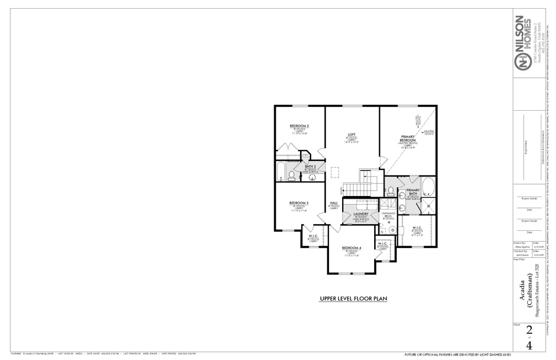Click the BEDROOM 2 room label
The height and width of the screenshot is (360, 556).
[x=299, y=126]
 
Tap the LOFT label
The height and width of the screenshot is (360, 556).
[x=351, y=134]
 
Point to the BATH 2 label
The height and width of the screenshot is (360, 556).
[x=310, y=167]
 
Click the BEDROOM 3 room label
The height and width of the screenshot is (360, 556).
[x=299, y=203]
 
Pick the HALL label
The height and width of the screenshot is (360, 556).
[x=333, y=204]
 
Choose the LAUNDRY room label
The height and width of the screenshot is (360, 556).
[x=361, y=214]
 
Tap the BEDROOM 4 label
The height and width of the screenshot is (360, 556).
[x=352, y=248]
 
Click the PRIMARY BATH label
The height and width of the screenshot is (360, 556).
[x=412, y=192]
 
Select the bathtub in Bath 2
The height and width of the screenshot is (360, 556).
[x=280, y=172]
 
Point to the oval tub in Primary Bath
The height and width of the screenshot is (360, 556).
[x=427, y=186]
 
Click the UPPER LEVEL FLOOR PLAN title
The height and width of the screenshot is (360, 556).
[x=352, y=299]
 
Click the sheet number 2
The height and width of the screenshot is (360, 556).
[x=528, y=332]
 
